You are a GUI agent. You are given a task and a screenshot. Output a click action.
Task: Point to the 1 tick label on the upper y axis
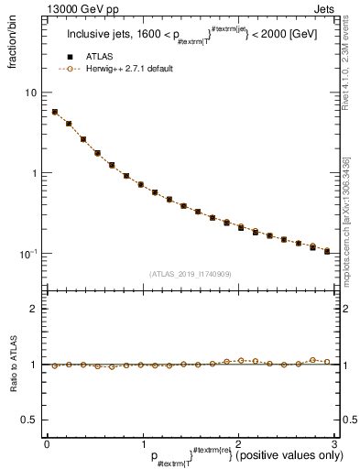pos(36,173)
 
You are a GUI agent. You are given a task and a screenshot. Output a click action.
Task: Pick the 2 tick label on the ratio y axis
pos(36,309)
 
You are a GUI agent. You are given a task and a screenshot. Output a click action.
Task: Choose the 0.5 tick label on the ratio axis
pos(31,420)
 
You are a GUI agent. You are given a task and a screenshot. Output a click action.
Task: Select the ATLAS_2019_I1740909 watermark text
pos(190,273)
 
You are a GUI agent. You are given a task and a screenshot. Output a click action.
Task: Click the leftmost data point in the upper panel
pos(55,112)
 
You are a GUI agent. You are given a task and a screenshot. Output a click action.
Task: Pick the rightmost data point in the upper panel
pos(327,251)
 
